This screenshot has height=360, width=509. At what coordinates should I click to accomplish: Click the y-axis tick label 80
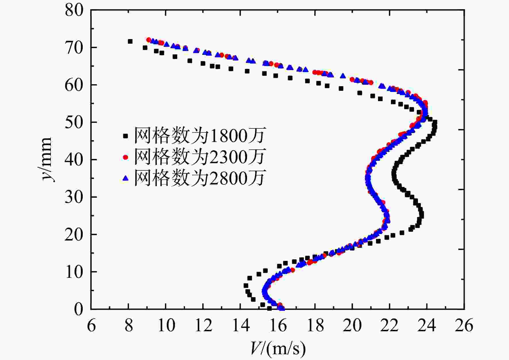(74, 10)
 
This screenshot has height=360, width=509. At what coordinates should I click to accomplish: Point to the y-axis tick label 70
(74, 47)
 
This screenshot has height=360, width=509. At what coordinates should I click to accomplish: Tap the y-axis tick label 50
(74, 122)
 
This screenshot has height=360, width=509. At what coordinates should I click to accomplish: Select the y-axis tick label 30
(74, 197)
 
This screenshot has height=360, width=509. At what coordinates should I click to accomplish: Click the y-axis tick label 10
(74, 272)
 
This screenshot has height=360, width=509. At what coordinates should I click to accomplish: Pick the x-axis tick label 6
(91, 326)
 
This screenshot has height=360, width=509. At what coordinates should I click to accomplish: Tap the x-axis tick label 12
(203, 326)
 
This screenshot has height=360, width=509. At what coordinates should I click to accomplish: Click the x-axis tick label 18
(315, 326)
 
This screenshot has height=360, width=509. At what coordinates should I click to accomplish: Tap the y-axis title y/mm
(46, 159)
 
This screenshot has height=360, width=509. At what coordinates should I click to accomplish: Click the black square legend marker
(126, 136)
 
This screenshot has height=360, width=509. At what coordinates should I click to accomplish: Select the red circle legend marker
(126, 157)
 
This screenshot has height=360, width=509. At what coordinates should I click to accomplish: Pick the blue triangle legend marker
(126, 178)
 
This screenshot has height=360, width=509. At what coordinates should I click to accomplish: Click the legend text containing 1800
(199, 136)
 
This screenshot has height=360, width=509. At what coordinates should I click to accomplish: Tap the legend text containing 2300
(199, 157)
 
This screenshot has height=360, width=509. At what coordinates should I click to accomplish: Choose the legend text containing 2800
(199, 178)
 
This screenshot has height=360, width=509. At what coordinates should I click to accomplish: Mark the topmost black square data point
(130, 41)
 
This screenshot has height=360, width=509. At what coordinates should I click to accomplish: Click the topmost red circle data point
(149, 40)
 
